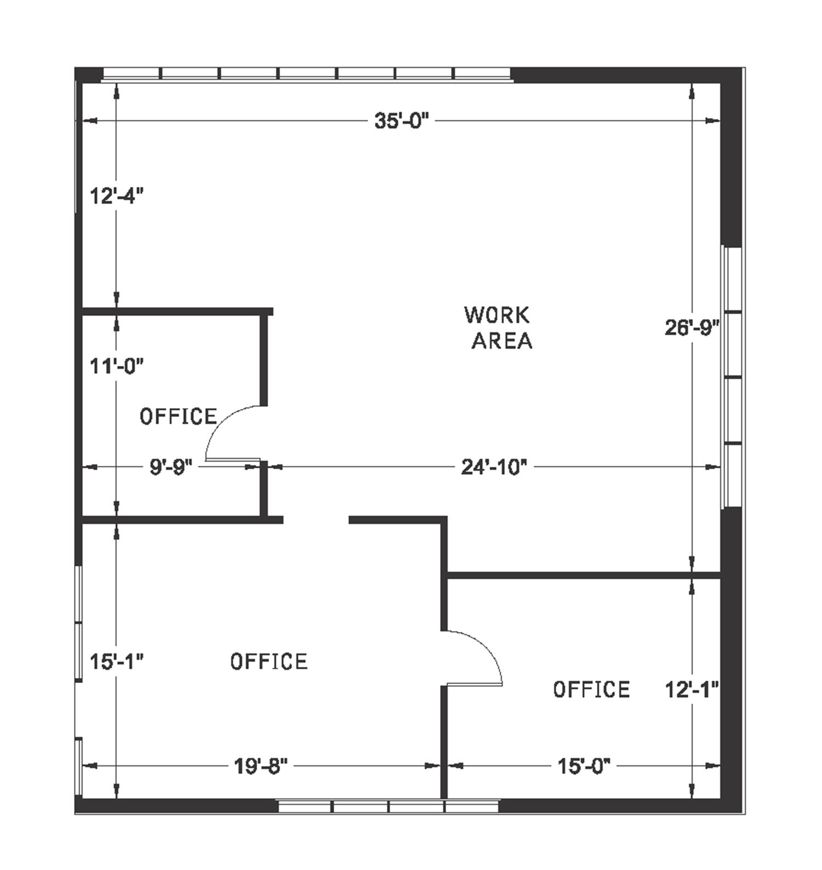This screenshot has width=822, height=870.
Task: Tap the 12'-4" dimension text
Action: [117, 196]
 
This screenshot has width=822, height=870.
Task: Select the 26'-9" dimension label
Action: [692, 328]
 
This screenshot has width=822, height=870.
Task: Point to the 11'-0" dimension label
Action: [117, 366]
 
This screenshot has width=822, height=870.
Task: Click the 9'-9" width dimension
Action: [171, 467]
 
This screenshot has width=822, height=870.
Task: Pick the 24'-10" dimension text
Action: [494, 467]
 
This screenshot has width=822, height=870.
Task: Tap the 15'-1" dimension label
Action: [117, 662]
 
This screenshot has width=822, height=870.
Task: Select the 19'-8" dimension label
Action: [261, 766]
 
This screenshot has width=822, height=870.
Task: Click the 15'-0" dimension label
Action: [584, 766]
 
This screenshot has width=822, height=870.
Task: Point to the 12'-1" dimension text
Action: [692, 689]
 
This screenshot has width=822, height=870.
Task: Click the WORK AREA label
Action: [499, 328]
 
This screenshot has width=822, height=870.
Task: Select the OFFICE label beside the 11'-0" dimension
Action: [178, 417]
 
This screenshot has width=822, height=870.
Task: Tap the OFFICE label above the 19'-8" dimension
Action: [269, 662]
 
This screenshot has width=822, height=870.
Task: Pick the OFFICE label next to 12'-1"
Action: [591, 689]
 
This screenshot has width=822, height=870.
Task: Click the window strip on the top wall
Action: [307, 73]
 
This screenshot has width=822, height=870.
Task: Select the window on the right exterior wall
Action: [732, 377]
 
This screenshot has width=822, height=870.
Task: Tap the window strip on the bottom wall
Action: [389, 806]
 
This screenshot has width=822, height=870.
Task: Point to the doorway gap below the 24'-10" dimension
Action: [316, 520]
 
